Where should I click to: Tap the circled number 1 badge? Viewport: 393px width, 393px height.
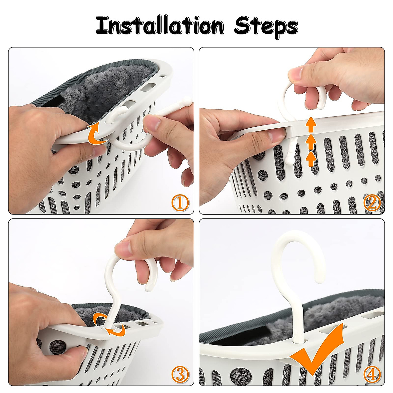pos(180,203)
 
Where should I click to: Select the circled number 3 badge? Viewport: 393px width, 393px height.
pos(180,373)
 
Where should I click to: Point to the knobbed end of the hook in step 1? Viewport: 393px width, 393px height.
pos(187,100)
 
